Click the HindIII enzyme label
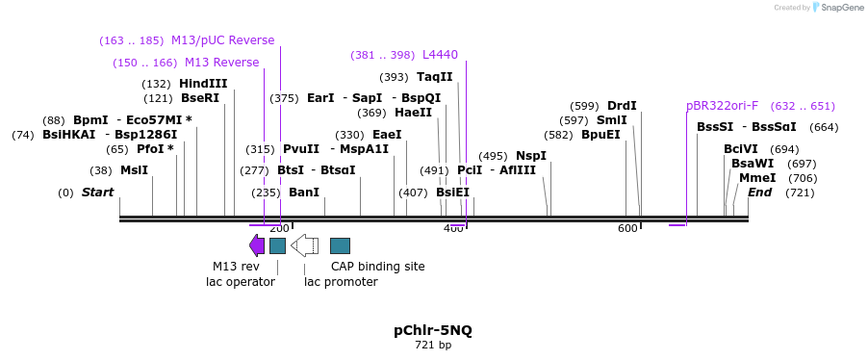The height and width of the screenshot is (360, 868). tap(203, 84)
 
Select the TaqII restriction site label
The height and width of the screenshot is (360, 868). tap(434, 77)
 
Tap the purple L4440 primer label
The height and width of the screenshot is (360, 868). tap(440, 55)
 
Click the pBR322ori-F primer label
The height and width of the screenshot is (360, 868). tap(722, 106)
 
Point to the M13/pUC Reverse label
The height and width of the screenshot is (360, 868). tap(222, 40)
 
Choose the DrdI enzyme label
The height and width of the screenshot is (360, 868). tap(622, 106)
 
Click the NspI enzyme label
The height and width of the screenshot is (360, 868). tap(530, 156)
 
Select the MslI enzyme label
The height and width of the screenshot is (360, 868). tap(134, 170)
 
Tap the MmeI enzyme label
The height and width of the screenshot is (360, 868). tap(757, 178)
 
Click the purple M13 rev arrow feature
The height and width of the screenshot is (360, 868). tap(257, 245)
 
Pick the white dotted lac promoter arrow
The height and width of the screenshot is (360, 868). tap(304, 245)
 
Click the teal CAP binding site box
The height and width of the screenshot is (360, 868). tap(340, 245)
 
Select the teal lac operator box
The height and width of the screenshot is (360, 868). tap(277, 245)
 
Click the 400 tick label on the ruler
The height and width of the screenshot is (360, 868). tap(453, 228)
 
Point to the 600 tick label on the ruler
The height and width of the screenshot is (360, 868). tap(627, 228)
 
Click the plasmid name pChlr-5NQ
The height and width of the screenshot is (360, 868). tap(433, 330)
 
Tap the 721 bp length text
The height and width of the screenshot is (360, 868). tap(433, 346)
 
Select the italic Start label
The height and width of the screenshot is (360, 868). tap(97, 193)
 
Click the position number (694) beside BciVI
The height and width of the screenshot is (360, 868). tap(784, 149)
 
